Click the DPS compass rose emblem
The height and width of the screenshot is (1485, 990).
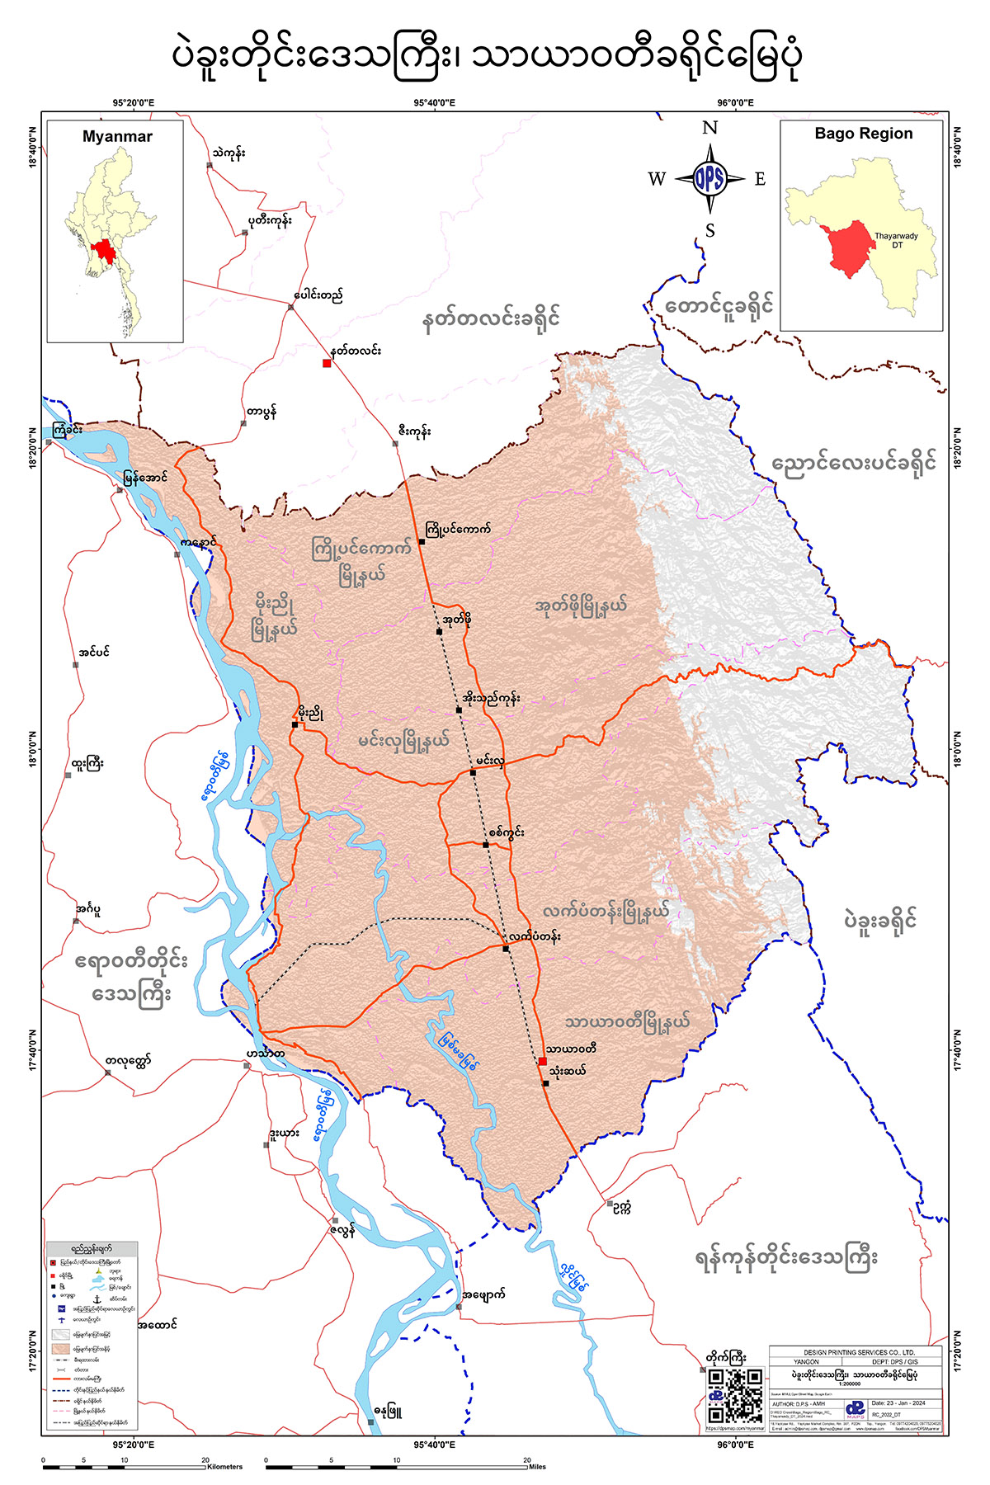709,178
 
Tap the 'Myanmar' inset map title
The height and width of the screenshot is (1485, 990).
117,137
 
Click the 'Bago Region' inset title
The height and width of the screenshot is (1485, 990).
863,134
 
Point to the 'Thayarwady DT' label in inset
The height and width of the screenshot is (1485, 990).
897,240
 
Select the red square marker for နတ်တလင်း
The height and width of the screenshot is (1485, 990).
327,363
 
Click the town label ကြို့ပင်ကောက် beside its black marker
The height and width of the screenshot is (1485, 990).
458,529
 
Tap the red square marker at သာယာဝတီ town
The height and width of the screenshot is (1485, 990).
542,1062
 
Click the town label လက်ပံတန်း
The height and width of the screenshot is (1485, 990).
535,936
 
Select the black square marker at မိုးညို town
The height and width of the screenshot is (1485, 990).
295,724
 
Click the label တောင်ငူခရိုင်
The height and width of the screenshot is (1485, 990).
719,306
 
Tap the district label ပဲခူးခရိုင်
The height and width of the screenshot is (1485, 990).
880,921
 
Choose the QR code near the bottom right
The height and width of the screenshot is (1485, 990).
734,1395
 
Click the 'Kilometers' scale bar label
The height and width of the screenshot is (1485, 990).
225,1466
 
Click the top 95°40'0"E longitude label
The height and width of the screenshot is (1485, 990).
434,103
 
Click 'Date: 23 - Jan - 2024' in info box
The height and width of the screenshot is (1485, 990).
898,1403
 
